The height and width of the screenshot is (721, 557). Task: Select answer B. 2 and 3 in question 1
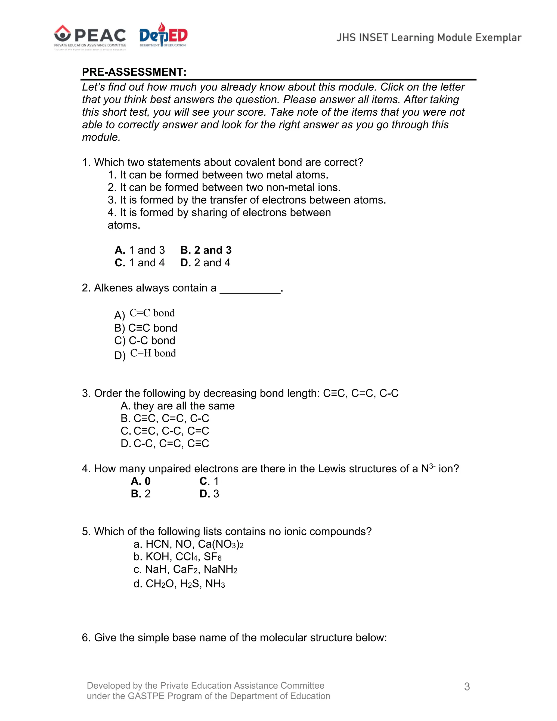[x=206, y=250]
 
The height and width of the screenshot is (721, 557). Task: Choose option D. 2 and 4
[x=205, y=263]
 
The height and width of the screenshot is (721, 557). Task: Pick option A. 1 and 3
[x=140, y=250]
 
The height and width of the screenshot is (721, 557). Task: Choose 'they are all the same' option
[x=178, y=406]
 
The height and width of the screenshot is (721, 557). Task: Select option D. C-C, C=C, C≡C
[x=165, y=443]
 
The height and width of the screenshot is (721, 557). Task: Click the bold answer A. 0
[x=141, y=481]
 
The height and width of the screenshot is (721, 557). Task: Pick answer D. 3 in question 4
[x=209, y=494]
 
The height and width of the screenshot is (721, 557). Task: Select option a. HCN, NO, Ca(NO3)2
[x=188, y=544]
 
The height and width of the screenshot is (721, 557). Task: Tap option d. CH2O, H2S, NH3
[x=179, y=584]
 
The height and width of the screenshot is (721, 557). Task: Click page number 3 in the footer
[x=467, y=687]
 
